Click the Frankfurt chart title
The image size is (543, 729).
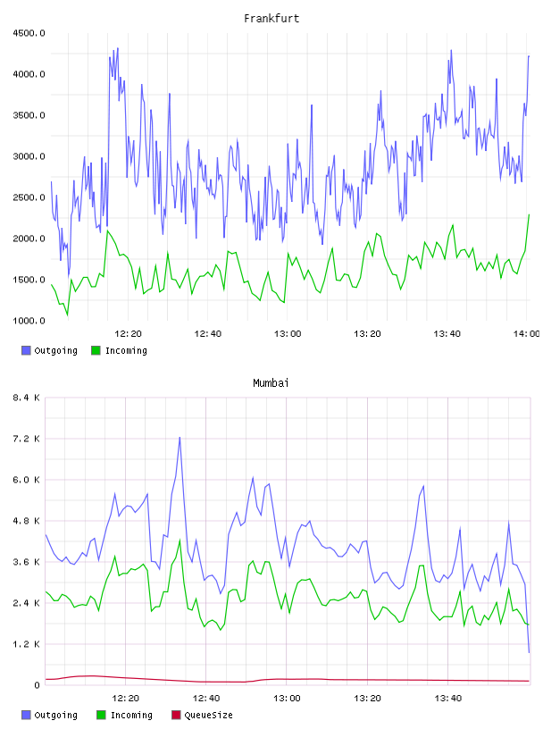[271, 18]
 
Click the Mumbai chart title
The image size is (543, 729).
[271, 382]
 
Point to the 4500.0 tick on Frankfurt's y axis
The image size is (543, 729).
[29, 33]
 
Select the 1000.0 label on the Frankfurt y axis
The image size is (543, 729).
[29, 321]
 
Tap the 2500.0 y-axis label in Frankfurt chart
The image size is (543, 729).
[29, 197]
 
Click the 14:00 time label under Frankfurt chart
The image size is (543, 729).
[526, 334]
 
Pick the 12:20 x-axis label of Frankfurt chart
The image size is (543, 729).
[128, 334]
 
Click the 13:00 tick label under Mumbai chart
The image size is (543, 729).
[287, 699]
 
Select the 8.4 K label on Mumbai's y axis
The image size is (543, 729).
[27, 398]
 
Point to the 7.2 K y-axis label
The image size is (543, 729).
[27, 439]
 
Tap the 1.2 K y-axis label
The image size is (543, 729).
[27, 644]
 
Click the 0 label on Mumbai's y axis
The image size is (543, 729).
[37, 685]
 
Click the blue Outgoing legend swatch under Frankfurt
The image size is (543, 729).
[26, 350]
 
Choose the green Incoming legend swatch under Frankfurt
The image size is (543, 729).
[96, 350]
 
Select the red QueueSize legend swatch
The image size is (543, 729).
[176, 715]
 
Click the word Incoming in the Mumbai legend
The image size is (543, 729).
[131, 715]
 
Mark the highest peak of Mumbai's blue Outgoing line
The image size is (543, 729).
[180, 437]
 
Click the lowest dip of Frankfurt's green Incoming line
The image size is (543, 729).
[67, 315]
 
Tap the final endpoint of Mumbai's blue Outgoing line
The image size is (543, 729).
[529, 652]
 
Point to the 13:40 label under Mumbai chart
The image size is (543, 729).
[447, 699]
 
